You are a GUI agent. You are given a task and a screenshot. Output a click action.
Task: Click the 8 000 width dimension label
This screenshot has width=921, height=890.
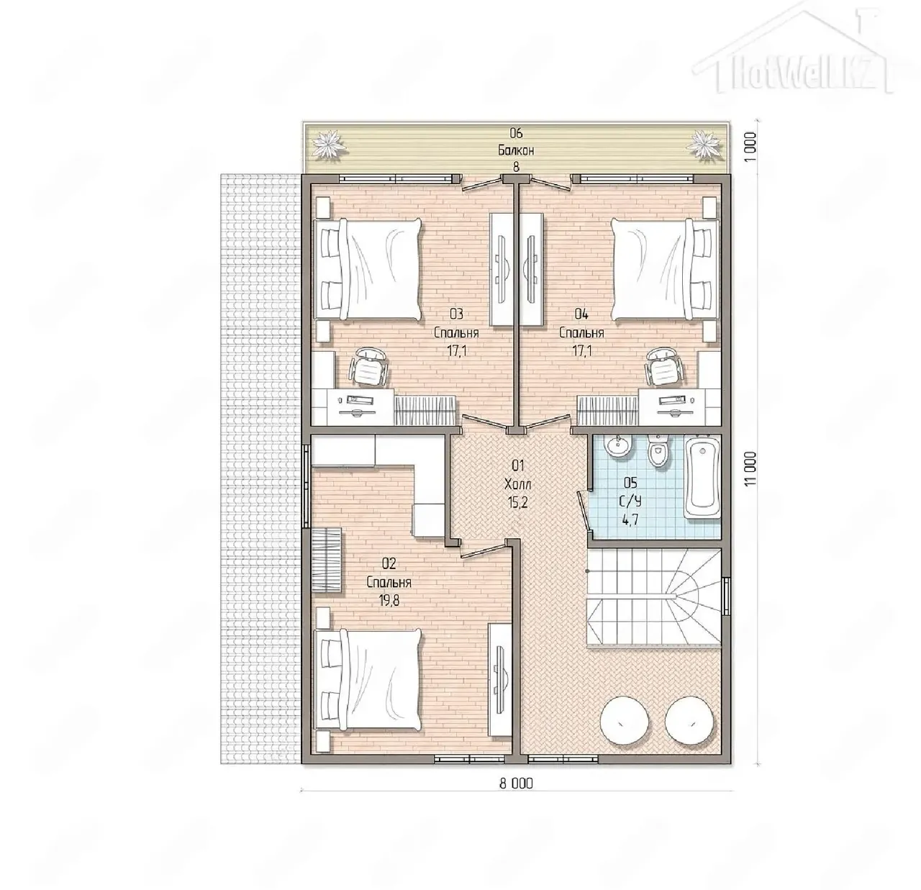click(x=515, y=783)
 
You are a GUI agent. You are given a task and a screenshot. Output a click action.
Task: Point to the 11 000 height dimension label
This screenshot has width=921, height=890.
click(x=749, y=469)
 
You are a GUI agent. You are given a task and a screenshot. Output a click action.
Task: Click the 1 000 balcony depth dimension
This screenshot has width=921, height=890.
click(x=749, y=147)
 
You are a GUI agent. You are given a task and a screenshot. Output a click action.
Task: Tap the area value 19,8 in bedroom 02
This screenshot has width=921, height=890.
click(x=389, y=601)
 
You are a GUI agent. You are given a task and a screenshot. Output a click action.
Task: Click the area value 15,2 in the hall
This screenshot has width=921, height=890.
click(x=517, y=502)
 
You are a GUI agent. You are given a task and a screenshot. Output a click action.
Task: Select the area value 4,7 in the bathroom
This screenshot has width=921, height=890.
click(x=631, y=519)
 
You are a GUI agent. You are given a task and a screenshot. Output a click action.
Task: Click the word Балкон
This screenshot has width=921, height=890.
click(x=516, y=150)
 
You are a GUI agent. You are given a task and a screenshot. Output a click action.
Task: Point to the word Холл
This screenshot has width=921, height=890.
click(x=518, y=484)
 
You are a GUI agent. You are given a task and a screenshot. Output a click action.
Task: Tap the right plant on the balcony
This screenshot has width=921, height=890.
click(x=704, y=145)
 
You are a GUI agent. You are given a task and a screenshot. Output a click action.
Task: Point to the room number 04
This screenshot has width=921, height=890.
click(x=581, y=313)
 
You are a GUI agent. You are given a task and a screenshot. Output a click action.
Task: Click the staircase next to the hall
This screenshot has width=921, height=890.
click(x=654, y=598)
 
